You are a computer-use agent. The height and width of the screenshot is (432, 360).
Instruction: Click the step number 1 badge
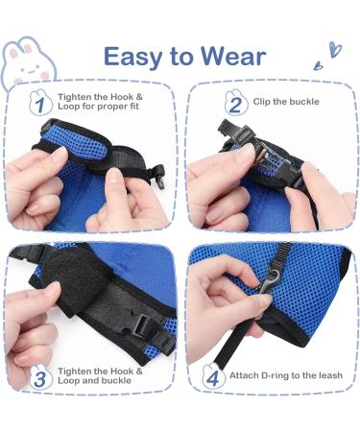point(39,101)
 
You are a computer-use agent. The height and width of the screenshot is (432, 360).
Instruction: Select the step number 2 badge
point(233,103)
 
